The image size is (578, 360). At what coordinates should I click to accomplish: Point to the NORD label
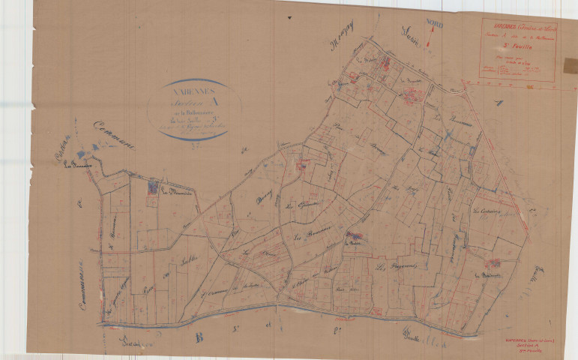coord(435,25)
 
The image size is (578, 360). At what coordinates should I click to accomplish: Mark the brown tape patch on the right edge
coord(571,65)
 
